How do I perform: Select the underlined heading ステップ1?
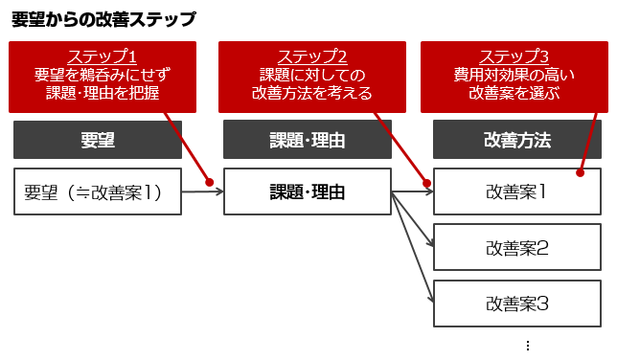(102, 56)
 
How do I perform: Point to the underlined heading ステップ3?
(514, 56)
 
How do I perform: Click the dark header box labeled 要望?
(98, 140)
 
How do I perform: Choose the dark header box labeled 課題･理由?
(307, 140)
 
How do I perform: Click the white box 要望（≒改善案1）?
(97, 191)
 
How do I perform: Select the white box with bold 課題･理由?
(307, 191)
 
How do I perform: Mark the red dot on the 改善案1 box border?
(580, 173)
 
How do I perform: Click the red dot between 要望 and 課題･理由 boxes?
(209, 182)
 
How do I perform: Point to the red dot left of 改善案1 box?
(426, 181)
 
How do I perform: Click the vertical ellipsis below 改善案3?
(527, 346)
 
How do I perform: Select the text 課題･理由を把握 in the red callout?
(102, 93)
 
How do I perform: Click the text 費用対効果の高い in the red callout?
(514, 75)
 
